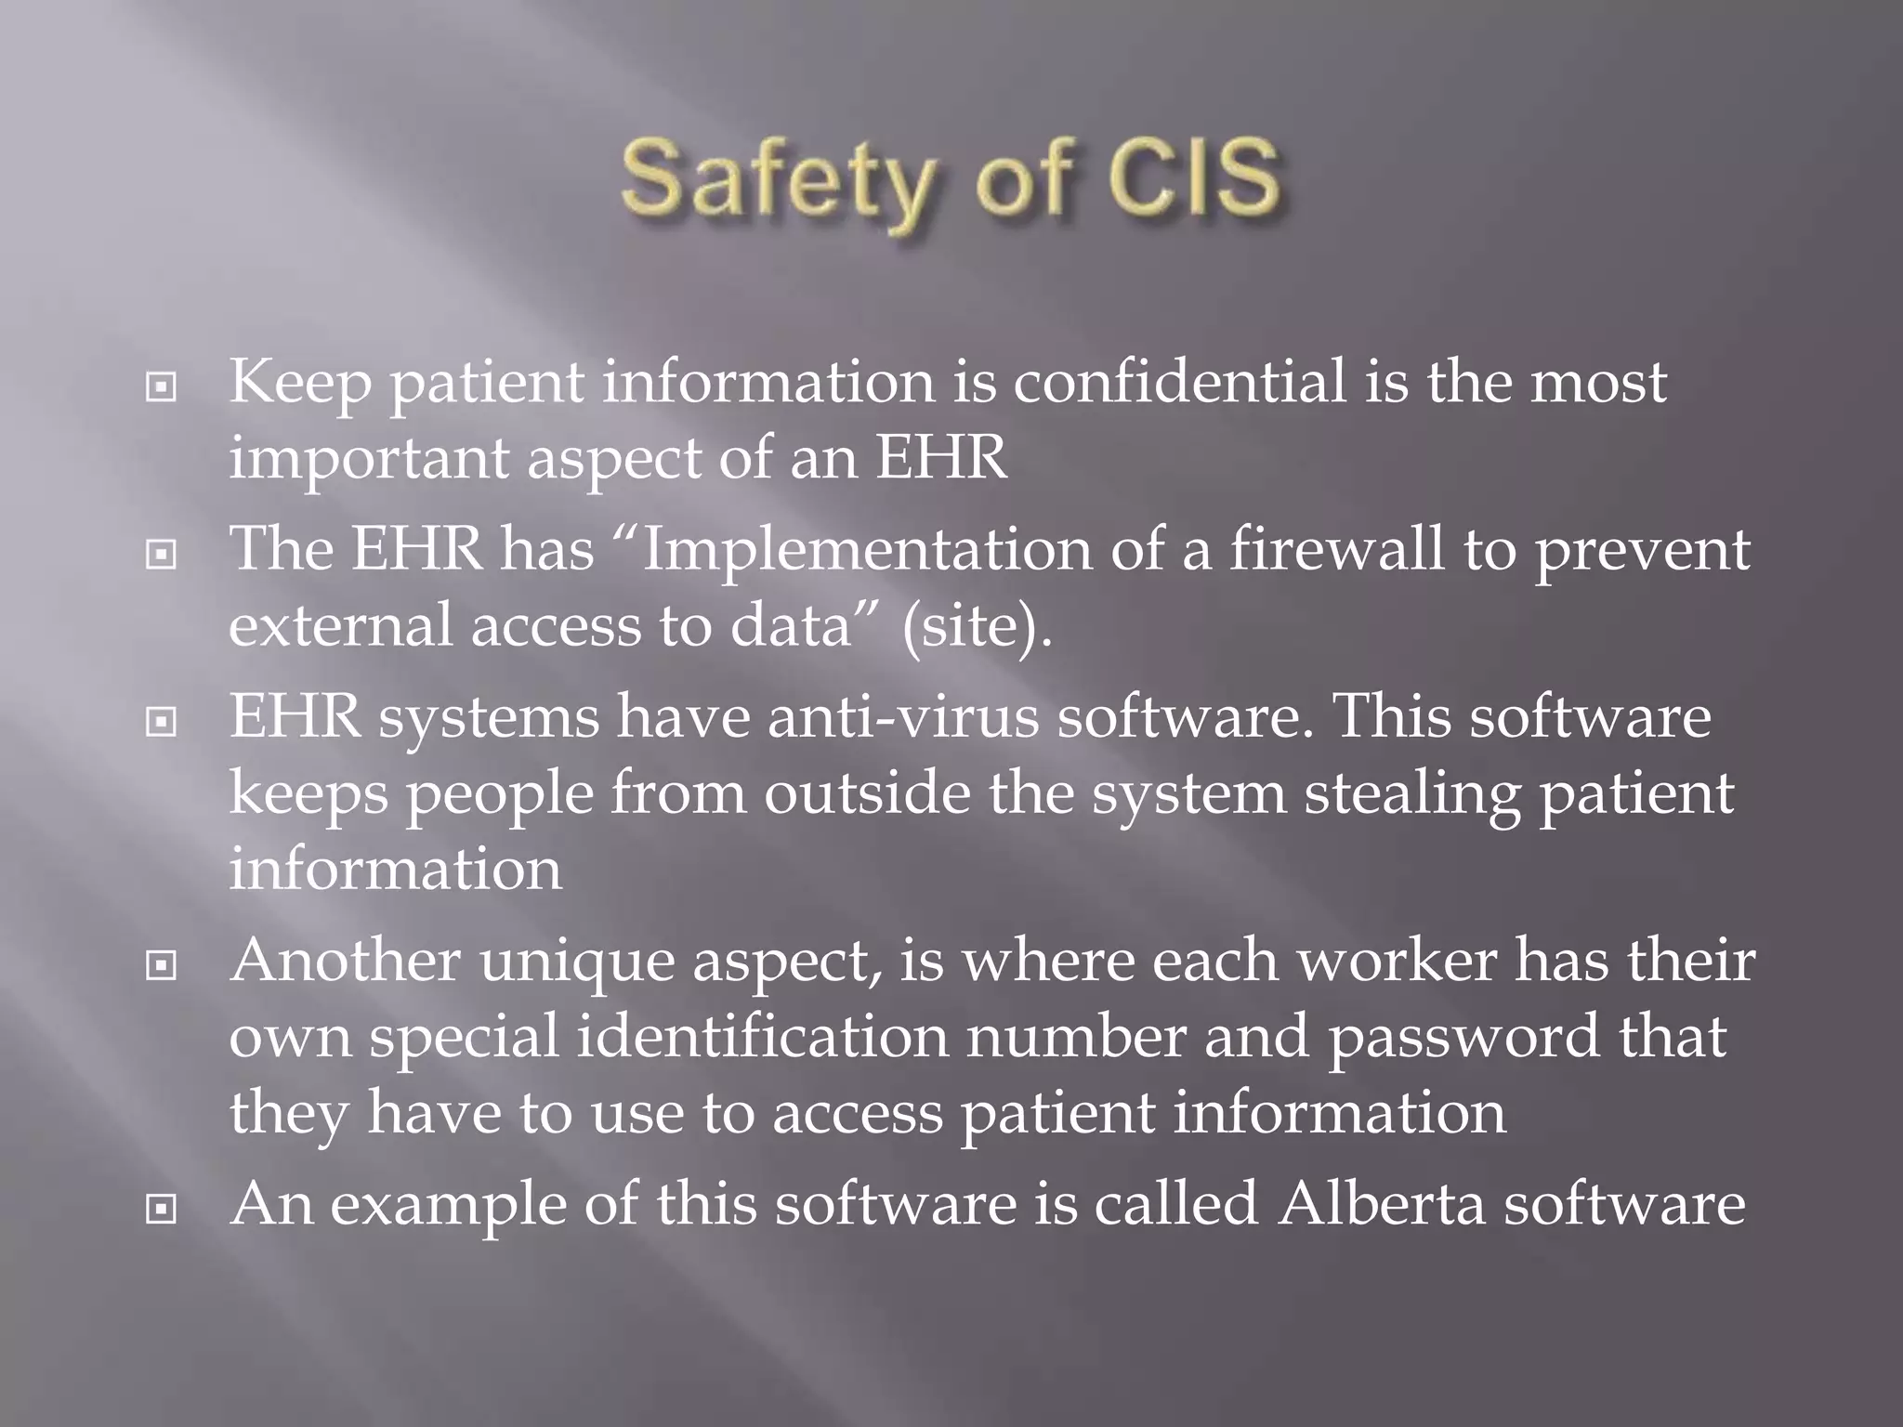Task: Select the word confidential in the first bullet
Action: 1178,382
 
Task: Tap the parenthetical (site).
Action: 977,625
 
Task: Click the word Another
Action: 345,962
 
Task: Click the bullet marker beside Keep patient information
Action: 162,387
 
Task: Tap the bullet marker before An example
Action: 162,1209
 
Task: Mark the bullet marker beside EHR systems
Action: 162,722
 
